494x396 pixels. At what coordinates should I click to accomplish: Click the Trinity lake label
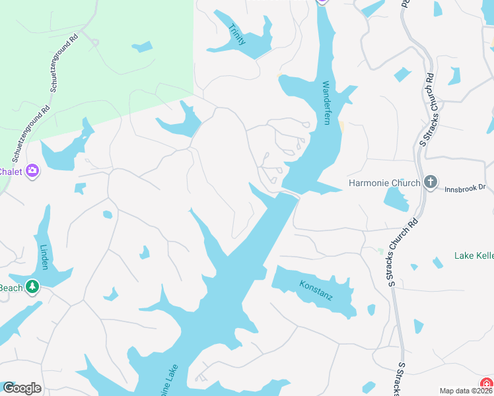click(x=237, y=34)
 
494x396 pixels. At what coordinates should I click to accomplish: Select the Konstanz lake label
click(x=316, y=289)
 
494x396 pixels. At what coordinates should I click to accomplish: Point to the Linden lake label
click(x=44, y=257)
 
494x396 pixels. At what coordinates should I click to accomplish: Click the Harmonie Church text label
click(x=384, y=182)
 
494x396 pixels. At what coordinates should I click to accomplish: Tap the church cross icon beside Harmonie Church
click(x=431, y=181)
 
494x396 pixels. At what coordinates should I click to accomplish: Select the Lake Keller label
click(x=474, y=255)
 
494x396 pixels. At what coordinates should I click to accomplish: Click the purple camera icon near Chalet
click(x=32, y=172)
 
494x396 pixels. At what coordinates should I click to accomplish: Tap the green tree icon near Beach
click(x=32, y=287)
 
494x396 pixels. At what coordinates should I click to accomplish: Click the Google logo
click(x=22, y=388)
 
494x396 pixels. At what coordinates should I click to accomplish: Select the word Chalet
click(x=11, y=172)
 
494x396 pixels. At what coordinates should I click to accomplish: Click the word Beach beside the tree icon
click(x=10, y=288)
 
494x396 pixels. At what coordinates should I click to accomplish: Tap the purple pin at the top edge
click(x=322, y=2)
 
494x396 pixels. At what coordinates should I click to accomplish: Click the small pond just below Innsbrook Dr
click(x=395, y=198)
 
